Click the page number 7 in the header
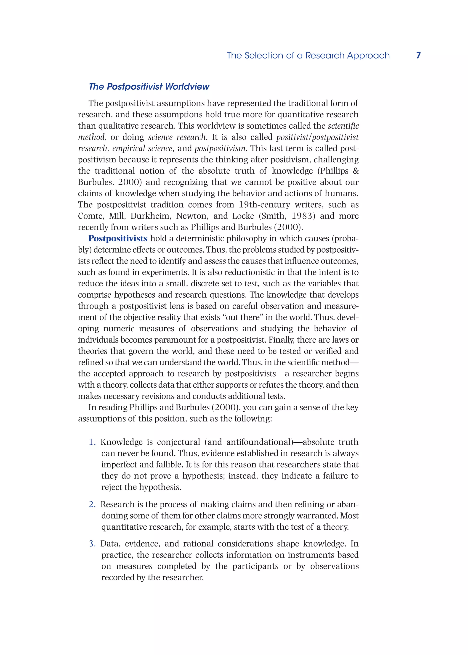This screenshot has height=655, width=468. point(418,55)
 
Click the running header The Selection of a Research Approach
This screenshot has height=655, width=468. point(308,55)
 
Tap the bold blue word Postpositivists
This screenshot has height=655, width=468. point(118,238)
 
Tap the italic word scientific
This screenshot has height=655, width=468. point(343,126)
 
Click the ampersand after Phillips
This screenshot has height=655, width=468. point(356,171)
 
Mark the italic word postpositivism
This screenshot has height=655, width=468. point(220,148)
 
